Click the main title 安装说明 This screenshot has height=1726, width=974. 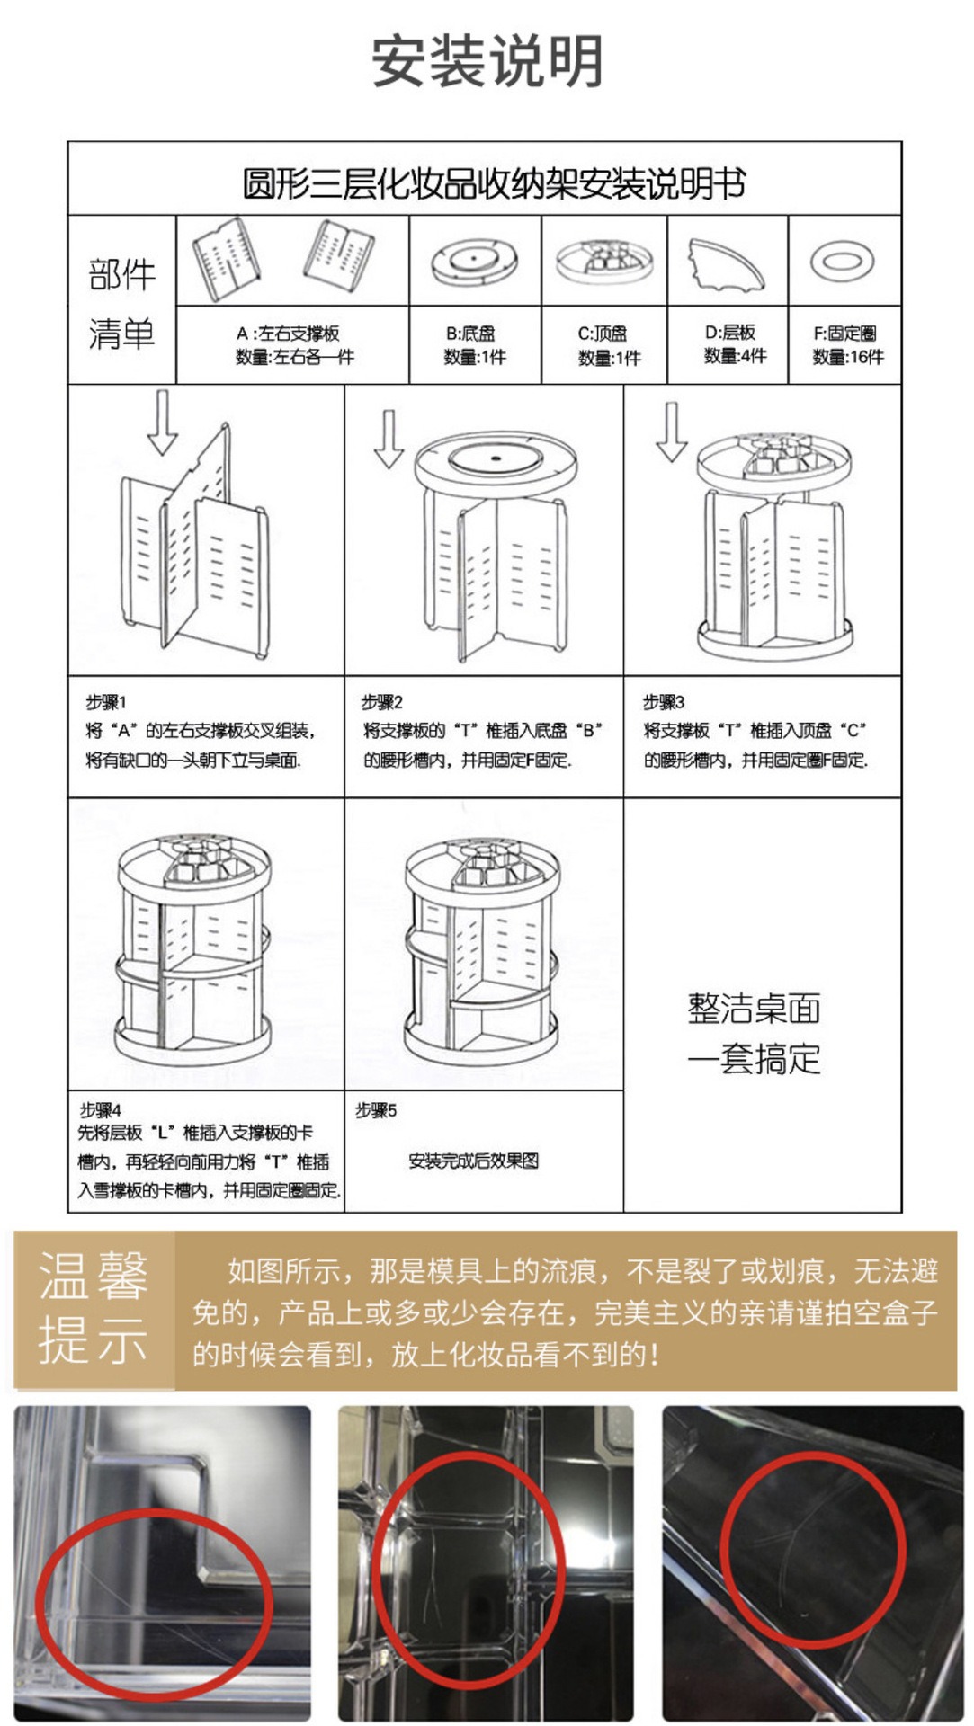(487, 61)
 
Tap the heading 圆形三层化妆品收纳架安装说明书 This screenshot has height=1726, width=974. (494, 184)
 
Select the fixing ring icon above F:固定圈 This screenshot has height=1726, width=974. (842, 262)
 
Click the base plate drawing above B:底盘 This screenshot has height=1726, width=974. (475, 261)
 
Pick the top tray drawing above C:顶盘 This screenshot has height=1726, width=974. (603, 261)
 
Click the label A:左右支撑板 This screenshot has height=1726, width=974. (288, 334)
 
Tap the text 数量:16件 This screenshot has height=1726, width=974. (847, 357)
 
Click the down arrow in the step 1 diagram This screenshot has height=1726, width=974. (162, 422)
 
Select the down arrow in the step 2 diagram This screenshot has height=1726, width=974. (389, 439)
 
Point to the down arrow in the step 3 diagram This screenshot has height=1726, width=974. (671, 431)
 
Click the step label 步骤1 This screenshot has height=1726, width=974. (106, 701)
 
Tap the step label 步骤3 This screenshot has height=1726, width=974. (663, 701)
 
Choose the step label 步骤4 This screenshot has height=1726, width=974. (100, 1109)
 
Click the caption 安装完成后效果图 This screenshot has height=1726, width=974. (473, 1161)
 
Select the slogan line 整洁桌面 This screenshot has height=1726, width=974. (754, 1009)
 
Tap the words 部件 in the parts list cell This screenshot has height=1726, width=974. (121, 274)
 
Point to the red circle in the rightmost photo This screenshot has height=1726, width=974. (811, 1548)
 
